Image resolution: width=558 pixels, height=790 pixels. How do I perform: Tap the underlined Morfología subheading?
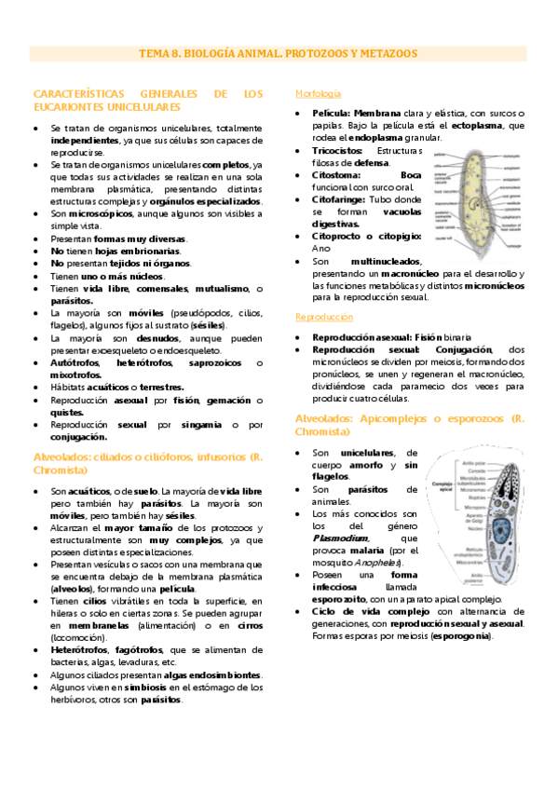pos(318,94)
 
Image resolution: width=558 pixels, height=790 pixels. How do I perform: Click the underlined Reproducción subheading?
pos(323,318)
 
